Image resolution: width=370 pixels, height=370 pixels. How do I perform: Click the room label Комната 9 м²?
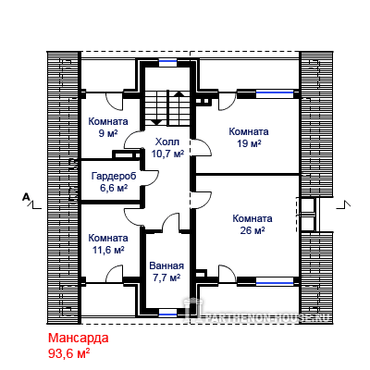(x=108, y=127)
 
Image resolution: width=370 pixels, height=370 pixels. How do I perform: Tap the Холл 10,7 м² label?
(x=167, y=148)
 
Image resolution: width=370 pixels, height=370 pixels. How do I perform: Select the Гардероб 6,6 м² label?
(x=114, y=182)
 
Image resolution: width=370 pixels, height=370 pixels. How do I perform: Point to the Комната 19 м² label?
(x=249, y=137)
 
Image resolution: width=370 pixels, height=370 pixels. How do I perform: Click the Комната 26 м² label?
(x=253, y=224)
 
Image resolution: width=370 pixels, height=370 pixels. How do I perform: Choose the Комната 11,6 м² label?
(x=108, y=243)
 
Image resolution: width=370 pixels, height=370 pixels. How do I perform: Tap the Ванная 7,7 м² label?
(x=166, y=271)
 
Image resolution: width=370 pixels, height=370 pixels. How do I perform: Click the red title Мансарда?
(x=79, y=338)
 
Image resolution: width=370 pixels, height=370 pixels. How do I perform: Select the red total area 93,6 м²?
(x=69, y=353)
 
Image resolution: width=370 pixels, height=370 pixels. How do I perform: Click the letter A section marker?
(x=27, y=196)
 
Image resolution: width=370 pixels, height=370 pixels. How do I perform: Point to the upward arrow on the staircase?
(x=179, y=93)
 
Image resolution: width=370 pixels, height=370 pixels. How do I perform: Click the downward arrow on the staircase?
(x=157, y=121)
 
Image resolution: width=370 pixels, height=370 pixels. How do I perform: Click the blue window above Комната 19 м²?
(x=275, y=92)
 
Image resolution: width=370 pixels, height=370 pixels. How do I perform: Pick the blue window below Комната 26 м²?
(x=275, y=281)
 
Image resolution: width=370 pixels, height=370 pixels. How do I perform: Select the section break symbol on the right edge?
(x=344, y=205)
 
